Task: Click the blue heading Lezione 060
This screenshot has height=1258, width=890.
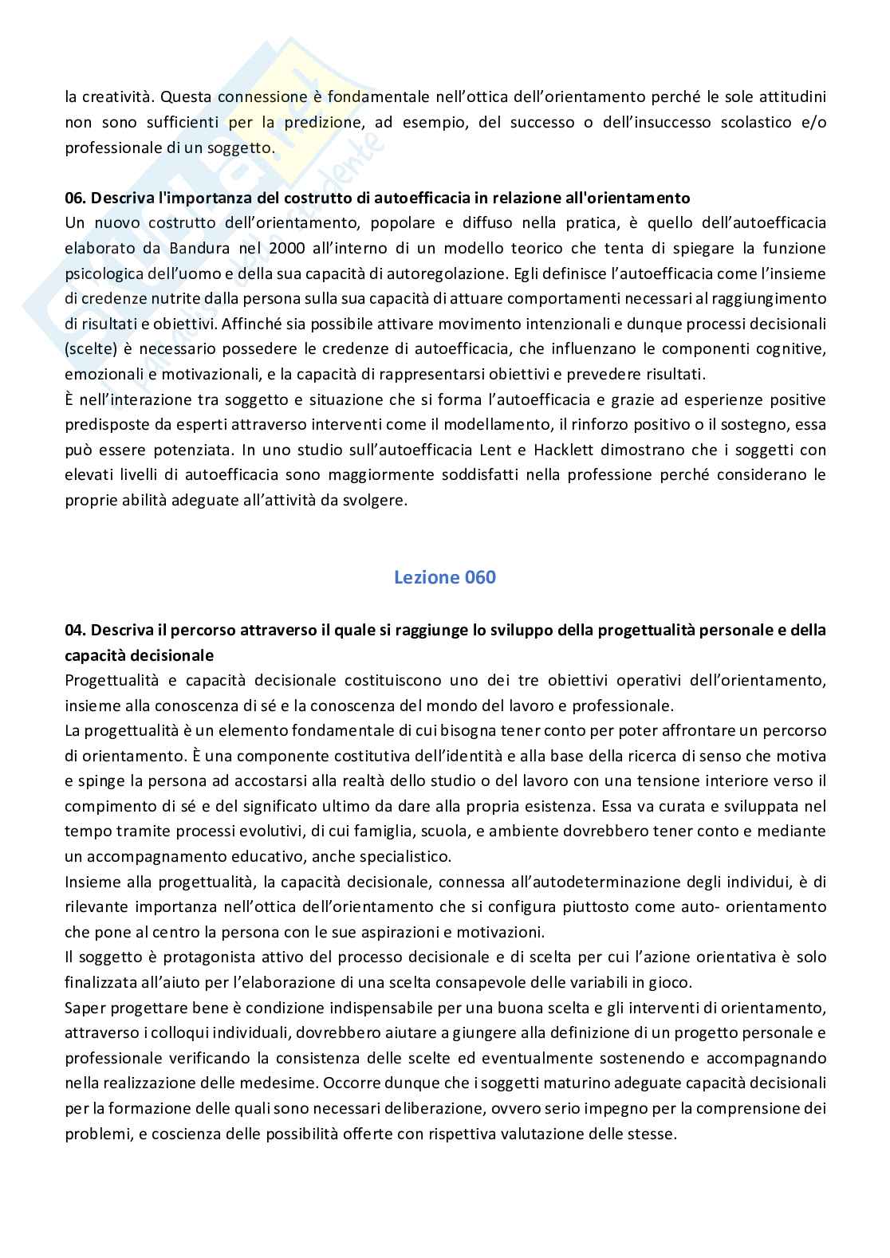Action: [444, 577]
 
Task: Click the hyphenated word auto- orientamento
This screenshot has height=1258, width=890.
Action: [749, 907]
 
